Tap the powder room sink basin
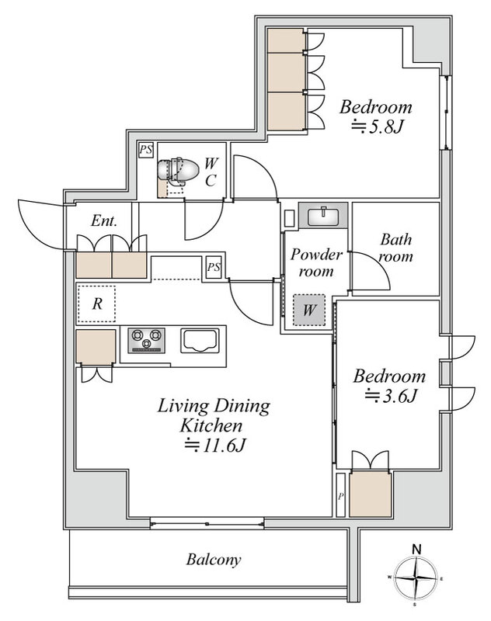(x=323, y=216)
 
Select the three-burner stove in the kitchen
(x=146, y=340)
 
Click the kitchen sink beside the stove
(x=200, y=340)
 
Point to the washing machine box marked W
(x=309, y=310)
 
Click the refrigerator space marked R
(x=97, y=304)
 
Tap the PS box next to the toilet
(x=145, y=150)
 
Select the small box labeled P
(x=340, y=495)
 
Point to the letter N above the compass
(x=416, y=550)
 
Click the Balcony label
(x=214, y=560)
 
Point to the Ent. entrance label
(x=104, y=220)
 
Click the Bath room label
(x=396, y=248)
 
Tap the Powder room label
(x=316, y=262)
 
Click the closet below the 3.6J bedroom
(x=371, y=494)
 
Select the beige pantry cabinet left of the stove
(x=96, y=346)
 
